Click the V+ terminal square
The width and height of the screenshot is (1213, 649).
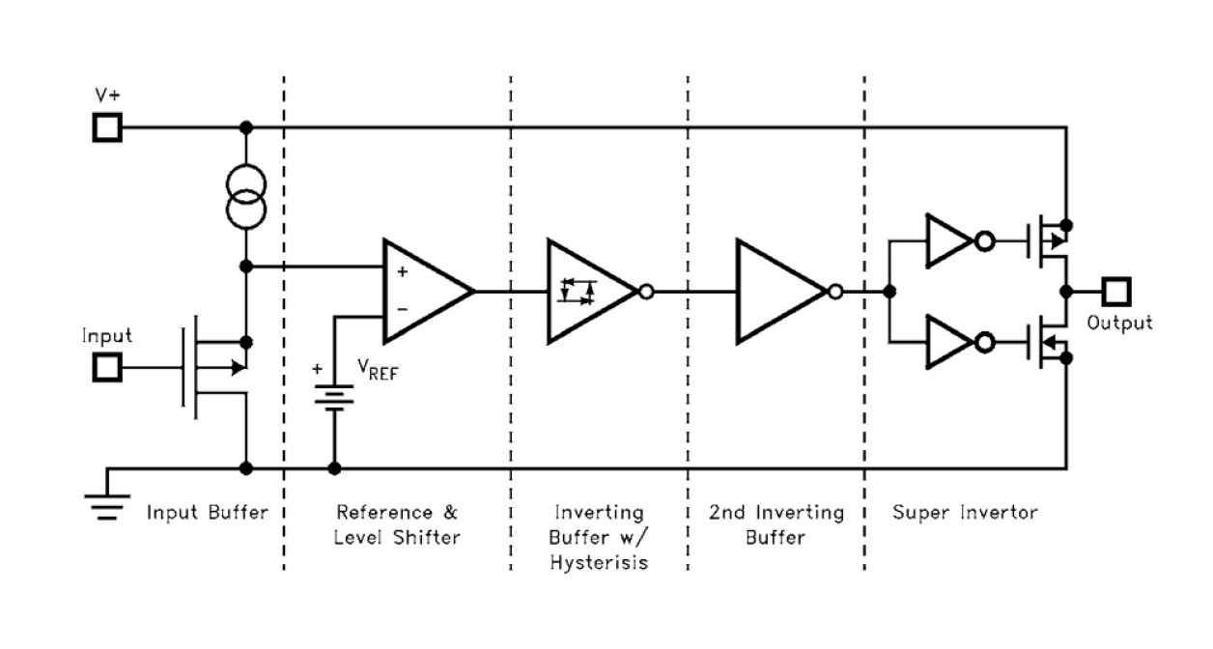107,127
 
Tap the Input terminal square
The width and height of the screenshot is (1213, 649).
107,367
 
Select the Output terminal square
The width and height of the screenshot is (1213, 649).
1117,291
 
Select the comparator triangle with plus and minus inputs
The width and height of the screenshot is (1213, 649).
423,291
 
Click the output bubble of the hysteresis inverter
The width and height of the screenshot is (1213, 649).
646,291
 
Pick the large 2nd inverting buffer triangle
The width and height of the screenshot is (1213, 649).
777,291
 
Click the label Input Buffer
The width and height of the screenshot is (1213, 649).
206,512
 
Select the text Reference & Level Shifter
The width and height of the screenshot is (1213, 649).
396,523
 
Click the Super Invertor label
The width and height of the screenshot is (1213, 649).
965,512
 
